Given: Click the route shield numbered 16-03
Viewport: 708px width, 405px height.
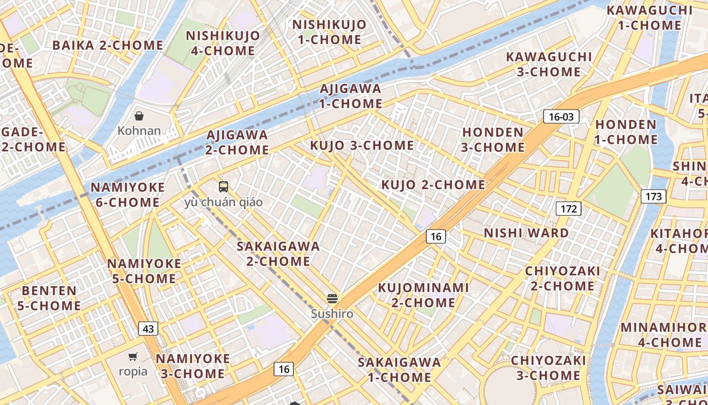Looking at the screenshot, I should point(561,117).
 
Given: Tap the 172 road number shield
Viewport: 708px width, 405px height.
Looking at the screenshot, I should point(568,208).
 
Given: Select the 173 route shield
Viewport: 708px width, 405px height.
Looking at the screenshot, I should point(653,196).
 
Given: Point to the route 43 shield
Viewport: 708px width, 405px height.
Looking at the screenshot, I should point(148,329).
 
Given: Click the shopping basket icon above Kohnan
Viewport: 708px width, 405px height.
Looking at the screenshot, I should point(139,116).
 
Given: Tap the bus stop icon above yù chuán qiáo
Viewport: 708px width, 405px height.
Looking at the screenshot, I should point(224,187).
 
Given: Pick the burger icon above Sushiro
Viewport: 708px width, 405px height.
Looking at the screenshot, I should point(332,298).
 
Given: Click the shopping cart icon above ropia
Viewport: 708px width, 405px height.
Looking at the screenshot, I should point(133,356).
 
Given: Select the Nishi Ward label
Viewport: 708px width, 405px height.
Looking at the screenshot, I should point(526,233).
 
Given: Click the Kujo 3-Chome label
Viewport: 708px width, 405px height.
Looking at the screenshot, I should point(362,146).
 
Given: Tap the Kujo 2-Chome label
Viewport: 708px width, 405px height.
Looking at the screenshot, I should point(433,185).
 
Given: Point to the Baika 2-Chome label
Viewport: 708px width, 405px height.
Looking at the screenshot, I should point(108,45).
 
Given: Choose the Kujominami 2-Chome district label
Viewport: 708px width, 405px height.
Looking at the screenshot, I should point(424,295).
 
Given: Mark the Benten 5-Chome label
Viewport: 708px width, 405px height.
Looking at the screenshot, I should point(49,298).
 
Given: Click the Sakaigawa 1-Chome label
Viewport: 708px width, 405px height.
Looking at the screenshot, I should point(399,370).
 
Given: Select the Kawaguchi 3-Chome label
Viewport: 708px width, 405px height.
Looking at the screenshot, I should point(549,64).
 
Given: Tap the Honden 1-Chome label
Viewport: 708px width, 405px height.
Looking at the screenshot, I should point(626,132).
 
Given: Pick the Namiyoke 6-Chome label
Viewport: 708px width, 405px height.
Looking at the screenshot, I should point(127,195).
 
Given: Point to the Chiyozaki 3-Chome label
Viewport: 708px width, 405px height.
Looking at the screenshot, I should point(548,368).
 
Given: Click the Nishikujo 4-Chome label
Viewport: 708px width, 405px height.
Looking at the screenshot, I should point(223,43).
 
